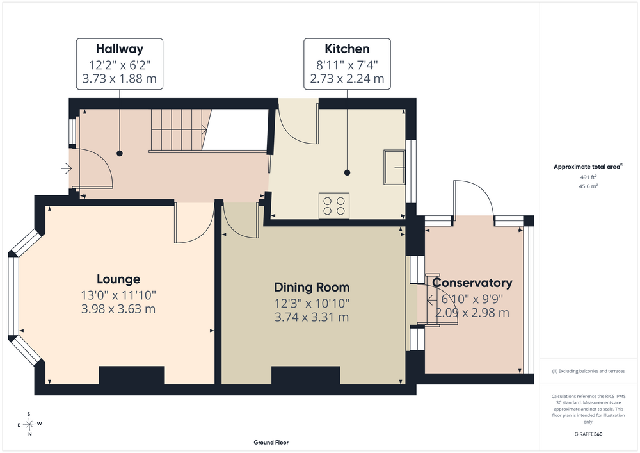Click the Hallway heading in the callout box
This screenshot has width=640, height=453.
click(x=120, y=49)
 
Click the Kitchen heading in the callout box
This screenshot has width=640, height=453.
click(x=347, y=49)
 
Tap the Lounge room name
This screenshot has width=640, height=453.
click(x=118, y=279)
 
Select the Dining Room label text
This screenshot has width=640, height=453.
click(x=312, y=287)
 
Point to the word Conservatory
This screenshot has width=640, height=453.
click(x=472, y=283)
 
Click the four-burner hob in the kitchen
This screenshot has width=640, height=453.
click(x=334, y=206)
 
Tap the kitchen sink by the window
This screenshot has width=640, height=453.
click(x=394, y=167)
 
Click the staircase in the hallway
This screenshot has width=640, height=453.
click(x=179, y=130)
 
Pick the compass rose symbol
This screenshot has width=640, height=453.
click(x=29, y=424)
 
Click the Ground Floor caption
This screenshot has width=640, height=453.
click(x=271, y=442)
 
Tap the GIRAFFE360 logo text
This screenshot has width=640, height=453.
click(x=588, y=434)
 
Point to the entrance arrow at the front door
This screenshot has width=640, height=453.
click(x=66, y=168)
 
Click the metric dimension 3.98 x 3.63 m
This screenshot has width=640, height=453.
click(x=118, y=309)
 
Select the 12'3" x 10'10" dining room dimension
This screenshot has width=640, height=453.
click(x=312, y=304)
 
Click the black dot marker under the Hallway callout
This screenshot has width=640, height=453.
click(x=120, y=154)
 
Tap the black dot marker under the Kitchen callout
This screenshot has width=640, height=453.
click(x=348, y=173)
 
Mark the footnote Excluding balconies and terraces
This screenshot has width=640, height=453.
click(x=589, y=371)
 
